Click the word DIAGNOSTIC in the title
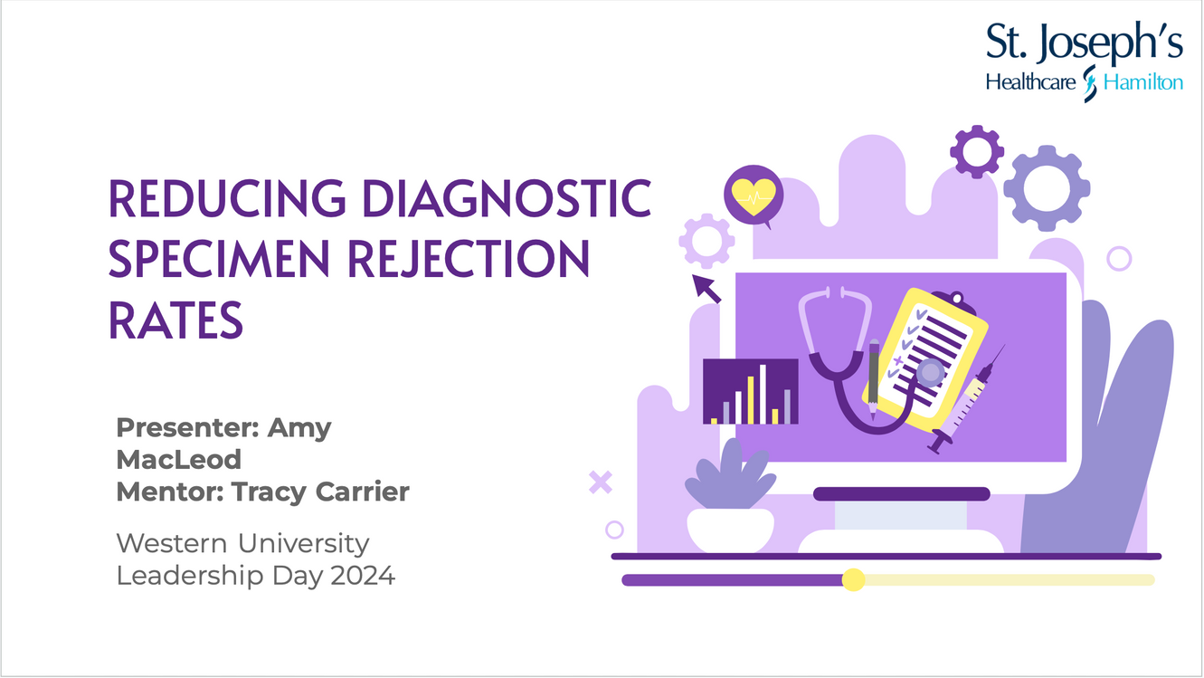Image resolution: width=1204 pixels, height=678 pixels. (507, 198)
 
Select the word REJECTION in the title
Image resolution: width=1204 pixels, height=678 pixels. (469, 260)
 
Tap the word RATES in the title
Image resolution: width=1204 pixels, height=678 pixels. (175, 320)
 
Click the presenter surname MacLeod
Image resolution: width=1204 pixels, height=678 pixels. (178, 460)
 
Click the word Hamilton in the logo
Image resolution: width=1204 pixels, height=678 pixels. (1142, 82)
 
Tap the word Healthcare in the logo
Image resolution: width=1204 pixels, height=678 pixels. (1030, 82)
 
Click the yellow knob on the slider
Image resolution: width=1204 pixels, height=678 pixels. (853, 580)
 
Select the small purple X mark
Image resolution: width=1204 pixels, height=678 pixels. (601, 482)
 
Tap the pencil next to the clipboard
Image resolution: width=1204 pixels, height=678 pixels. (874, 379)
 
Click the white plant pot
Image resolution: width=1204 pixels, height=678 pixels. (731, 530)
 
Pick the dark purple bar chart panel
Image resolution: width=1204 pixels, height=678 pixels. (750, 391)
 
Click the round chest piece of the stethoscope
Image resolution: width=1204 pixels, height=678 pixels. (931, 372)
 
